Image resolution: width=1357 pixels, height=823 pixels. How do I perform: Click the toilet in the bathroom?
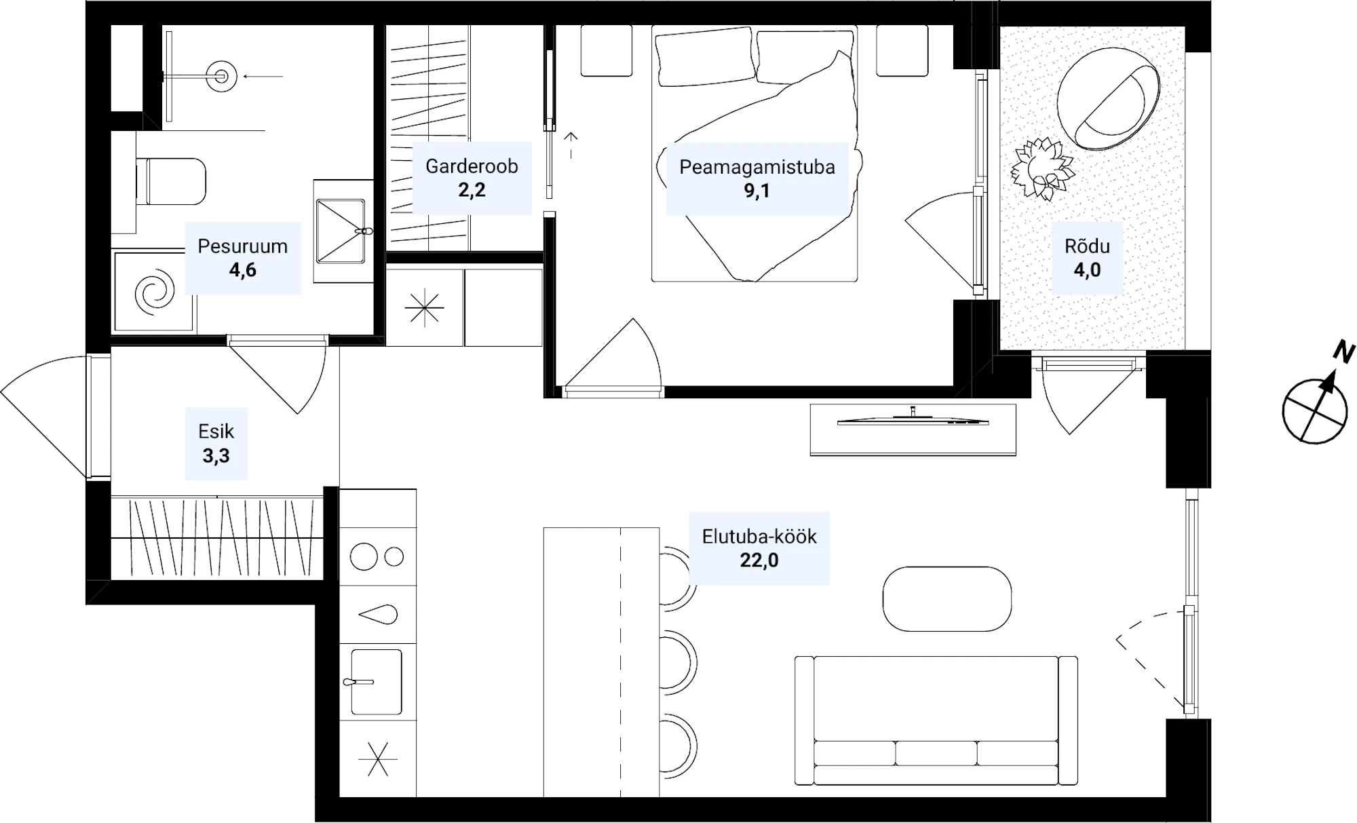170,181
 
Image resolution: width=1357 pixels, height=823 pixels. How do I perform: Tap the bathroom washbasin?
341,231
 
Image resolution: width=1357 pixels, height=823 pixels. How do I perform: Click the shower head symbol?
221,76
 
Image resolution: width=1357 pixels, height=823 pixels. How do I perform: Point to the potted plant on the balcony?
1042,169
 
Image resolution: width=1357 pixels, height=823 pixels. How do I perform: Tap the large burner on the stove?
364,557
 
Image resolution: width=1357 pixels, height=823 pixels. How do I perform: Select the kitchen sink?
376,681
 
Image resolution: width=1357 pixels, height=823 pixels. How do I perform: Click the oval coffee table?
947,599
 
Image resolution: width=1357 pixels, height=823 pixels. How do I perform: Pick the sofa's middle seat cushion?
936,753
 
